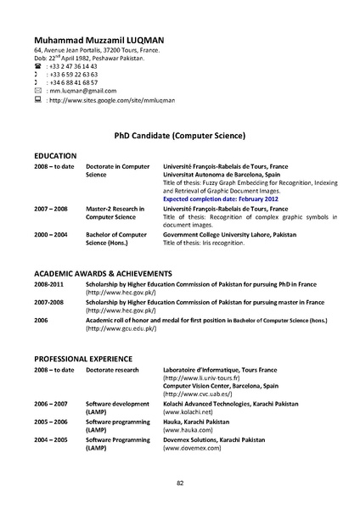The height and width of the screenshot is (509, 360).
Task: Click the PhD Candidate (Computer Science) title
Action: [179, 135]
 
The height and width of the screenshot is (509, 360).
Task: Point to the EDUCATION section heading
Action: [55, 156]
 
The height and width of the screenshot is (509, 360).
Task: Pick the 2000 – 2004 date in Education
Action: [51, 234]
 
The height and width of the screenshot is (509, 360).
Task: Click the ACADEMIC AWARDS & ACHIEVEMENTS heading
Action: [103, 274]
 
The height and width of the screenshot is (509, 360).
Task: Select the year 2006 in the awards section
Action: [42, 321]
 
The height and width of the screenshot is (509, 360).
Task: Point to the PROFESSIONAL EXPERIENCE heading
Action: [83, 360]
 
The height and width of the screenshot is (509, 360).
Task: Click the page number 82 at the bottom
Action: [180, 483]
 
